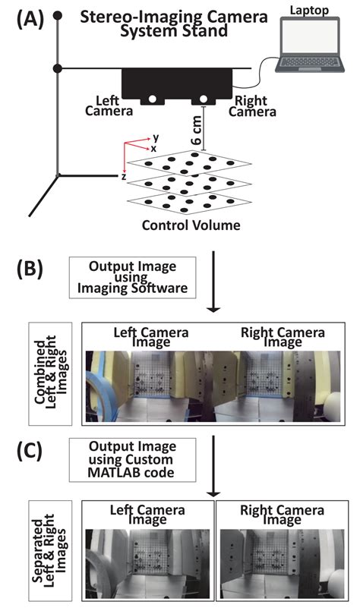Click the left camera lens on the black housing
pyautogui.click(x=153, y=99)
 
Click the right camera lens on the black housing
pyautogui.click(x=204, y=99)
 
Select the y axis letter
pyautogui.click(x=155, y=139)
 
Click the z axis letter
pyautogui.click(x=123, y=175)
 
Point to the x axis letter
pyautogui.click(x=153, y=149)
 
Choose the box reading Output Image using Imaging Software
pyautogui.click(x=132, y=280)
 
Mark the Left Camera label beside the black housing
pyautogui.click(x=114, y=105)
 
